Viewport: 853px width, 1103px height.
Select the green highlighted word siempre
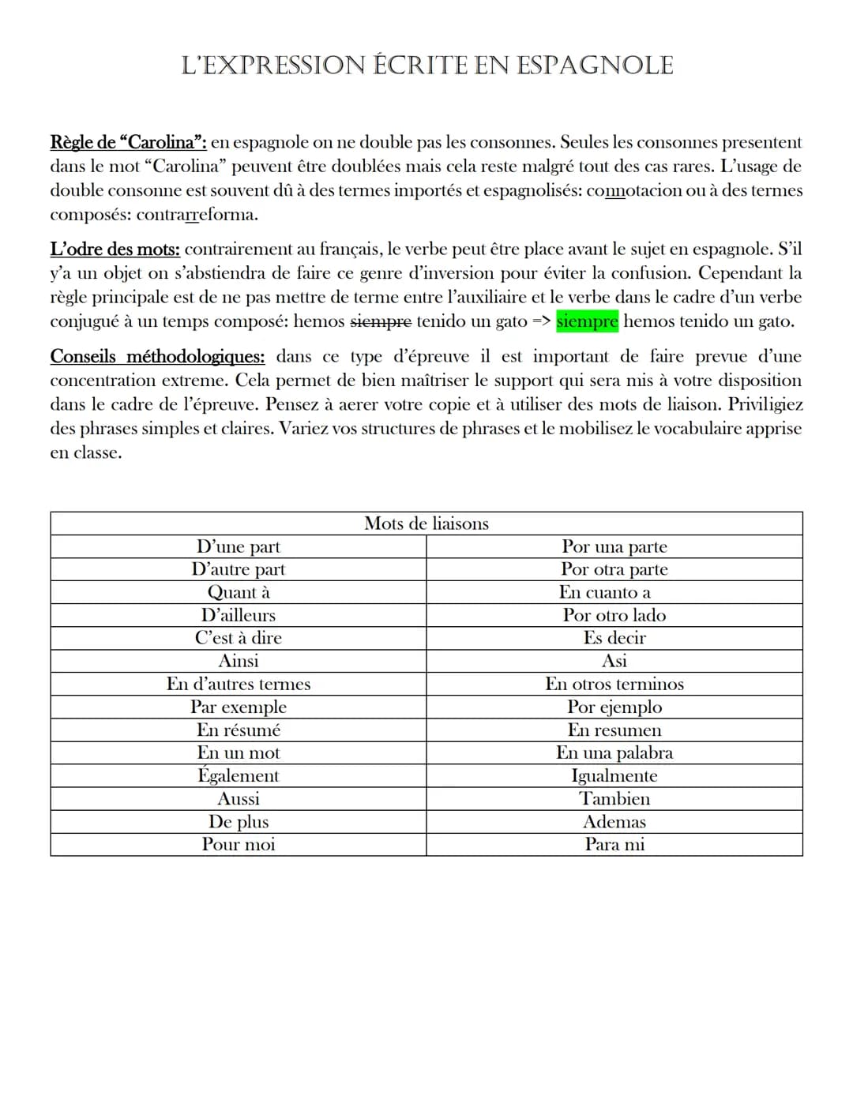587,322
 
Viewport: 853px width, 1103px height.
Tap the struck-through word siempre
380,322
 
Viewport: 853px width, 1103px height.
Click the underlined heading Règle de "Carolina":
128,143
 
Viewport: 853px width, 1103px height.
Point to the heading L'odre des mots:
115,249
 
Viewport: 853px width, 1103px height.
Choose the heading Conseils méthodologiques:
157,357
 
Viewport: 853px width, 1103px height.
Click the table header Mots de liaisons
426,523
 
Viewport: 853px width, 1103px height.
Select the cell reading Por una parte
614,546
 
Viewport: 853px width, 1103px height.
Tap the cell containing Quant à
239,592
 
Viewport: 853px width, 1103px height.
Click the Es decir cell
614,638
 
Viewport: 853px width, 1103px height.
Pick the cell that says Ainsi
239,661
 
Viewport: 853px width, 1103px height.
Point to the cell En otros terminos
614,684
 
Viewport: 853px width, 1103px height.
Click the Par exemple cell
239,707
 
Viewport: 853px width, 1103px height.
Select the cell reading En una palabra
614,752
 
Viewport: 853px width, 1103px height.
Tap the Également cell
239,775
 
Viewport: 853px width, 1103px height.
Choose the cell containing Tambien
614,798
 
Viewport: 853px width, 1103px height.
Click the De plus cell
239,821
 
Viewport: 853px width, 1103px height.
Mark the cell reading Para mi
614,844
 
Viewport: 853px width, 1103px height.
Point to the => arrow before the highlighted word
541,322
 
